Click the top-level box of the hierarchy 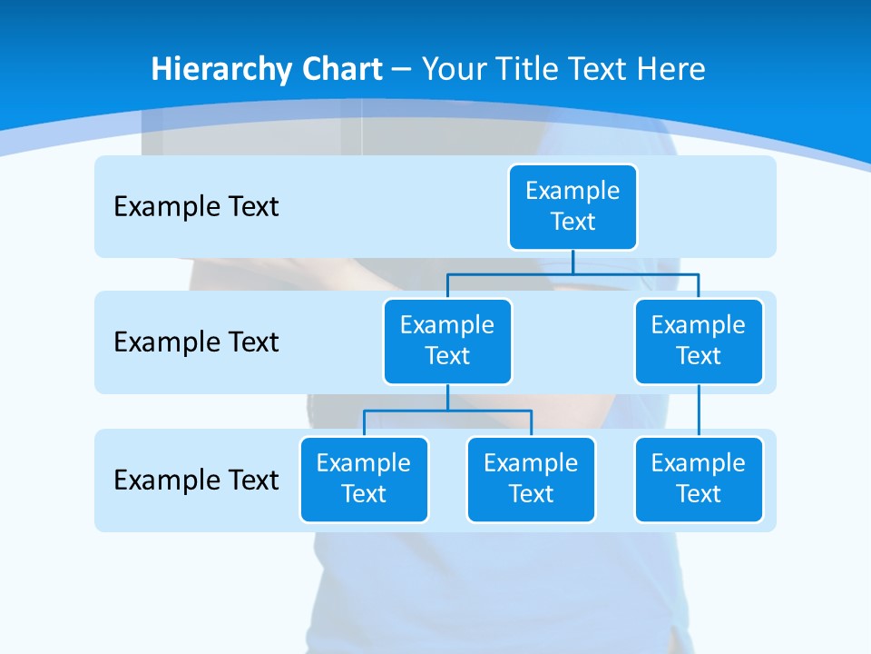click(573, 206)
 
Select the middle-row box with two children click(447, 341)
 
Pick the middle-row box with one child click(699, 341)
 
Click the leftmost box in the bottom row click(364, 479)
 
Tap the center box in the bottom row click(531, 479)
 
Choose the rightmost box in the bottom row click(699, 479)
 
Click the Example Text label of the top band click(196, 207)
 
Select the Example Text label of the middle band click(196, 342)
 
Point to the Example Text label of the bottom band click(196, 480)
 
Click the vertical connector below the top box click(573, 262)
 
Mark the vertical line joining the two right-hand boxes click(699, 411)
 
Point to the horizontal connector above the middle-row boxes click(573, 273)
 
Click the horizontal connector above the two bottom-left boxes click(447, 411)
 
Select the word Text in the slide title click(595, 69)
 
